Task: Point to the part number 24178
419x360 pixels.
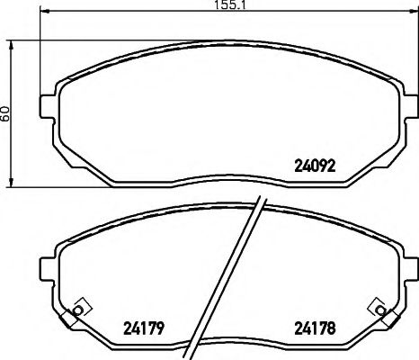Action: pyautogui.click(x=316, y=327)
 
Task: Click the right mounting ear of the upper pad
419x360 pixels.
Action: pyautogui.click(x=409, y=103)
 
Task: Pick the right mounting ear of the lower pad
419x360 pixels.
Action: pyautogui.click(x=409, y=266)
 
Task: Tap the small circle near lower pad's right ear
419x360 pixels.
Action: pyautogui.click(x=383, y=311)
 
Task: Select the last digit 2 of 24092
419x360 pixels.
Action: pyautogui.click(x=333, y=165)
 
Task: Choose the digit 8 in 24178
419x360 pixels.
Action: pyautogui.click(x=332, y=327)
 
